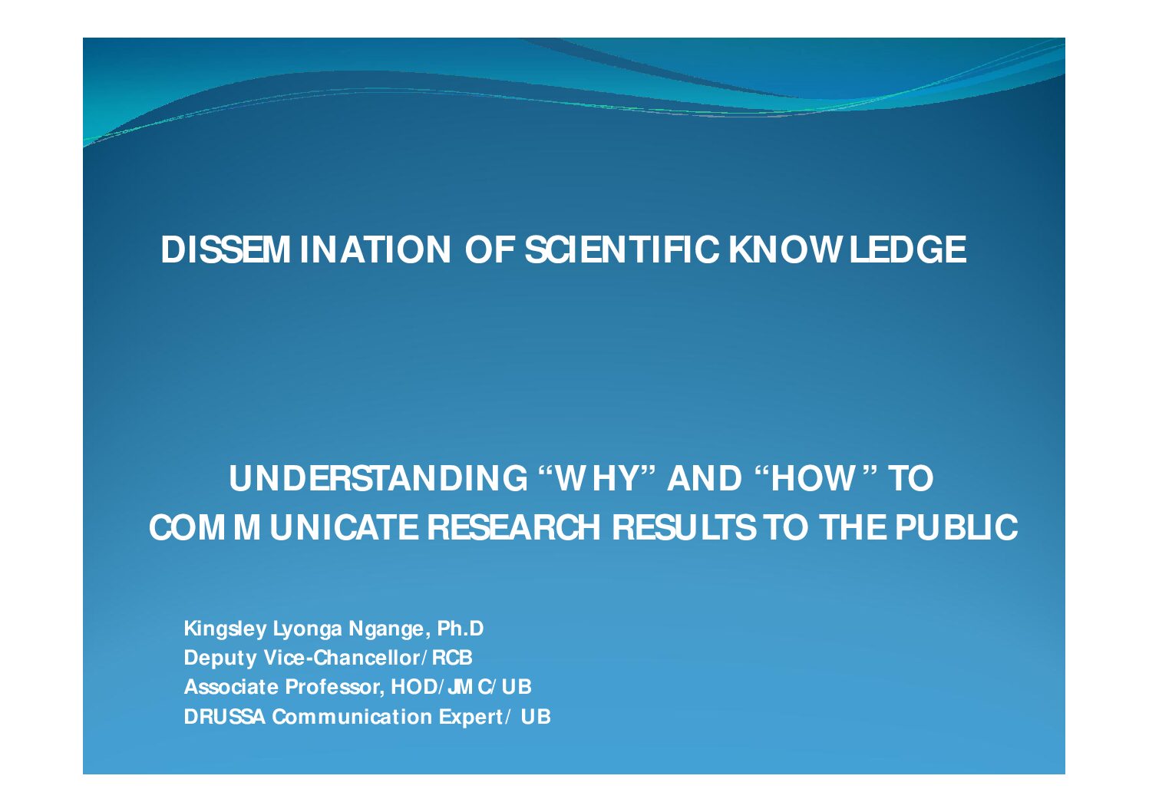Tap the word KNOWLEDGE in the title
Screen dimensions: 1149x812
[847, 249]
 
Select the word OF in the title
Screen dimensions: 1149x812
[490, 249]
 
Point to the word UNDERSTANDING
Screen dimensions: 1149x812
[378, 479]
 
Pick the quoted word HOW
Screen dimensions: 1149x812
[815, 479]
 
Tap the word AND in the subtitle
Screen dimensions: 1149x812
[705, 479]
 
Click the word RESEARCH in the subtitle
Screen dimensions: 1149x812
[513, 527]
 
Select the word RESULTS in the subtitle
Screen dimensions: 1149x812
[684, 527]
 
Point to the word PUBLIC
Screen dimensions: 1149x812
[956, 527]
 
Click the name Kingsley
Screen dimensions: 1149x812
[225, 629]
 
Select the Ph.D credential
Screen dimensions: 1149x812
[460, 629]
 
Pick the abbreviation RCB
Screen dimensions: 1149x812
[452, 658]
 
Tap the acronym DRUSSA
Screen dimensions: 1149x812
[225, 717]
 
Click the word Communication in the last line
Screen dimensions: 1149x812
[352, 717]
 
